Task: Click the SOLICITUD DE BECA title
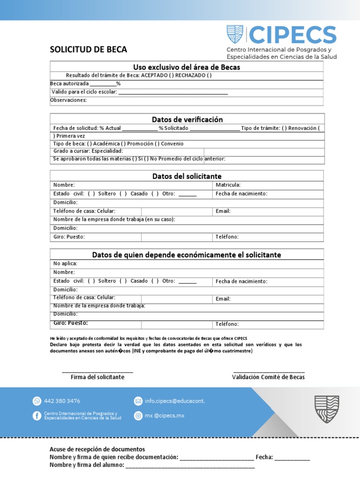click(x=88, y=50)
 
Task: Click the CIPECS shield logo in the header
click(x=235, y=35)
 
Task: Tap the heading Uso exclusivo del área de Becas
click(x=187, y=67)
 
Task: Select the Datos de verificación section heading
click(x=187, y=120)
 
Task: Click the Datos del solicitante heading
click(x=187, y=176)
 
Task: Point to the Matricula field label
click(x=228, y=185)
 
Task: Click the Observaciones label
click(x=68, y=100)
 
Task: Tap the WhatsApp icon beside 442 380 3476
click(x=37, y=401)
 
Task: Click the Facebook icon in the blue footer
click(x=37, y=415)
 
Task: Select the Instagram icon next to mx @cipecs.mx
click(x=138, y=415)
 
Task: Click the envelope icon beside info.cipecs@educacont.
click(x=138, y=401)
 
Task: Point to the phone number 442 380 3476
click(x=62, y=401)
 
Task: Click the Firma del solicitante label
click(x=97, y=377)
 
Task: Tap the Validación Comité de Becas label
click(x=268, y=377)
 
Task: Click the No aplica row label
click(x=65, y=263)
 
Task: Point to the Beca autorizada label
click(x=69, y=84)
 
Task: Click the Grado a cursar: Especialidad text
click(x=88, y=151)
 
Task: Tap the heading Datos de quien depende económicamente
click(x=187, y=255)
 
